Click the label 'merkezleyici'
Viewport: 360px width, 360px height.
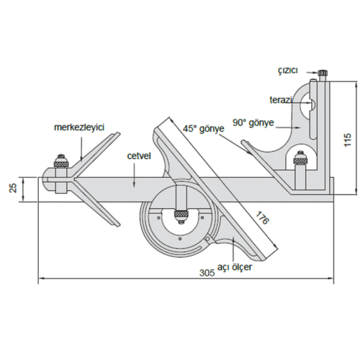tap(79, 127)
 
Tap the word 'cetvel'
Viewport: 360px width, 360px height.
tap(139, 156)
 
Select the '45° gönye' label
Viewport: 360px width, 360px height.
tap(204, 129)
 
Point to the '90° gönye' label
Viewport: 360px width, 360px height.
tap(253, 122)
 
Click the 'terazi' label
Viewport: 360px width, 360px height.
tap(281, 100)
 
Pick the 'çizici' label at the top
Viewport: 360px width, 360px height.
tap(288, 71)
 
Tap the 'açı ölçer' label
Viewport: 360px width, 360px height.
tap(235, 267)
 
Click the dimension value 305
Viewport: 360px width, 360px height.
tap(207, 273)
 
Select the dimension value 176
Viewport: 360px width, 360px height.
tap(262, 218)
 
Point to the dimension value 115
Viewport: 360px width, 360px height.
tap(348, 140)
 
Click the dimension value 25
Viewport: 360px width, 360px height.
tap(14, 188)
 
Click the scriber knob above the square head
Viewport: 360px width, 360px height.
tap(323, 72)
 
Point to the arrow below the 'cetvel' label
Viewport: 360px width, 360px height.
tap(134, 174)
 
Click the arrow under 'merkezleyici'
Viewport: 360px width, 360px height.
tap(81, 148)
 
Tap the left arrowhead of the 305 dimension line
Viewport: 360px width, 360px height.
tap(42, 279)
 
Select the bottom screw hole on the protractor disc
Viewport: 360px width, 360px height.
tap(180, 239)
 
